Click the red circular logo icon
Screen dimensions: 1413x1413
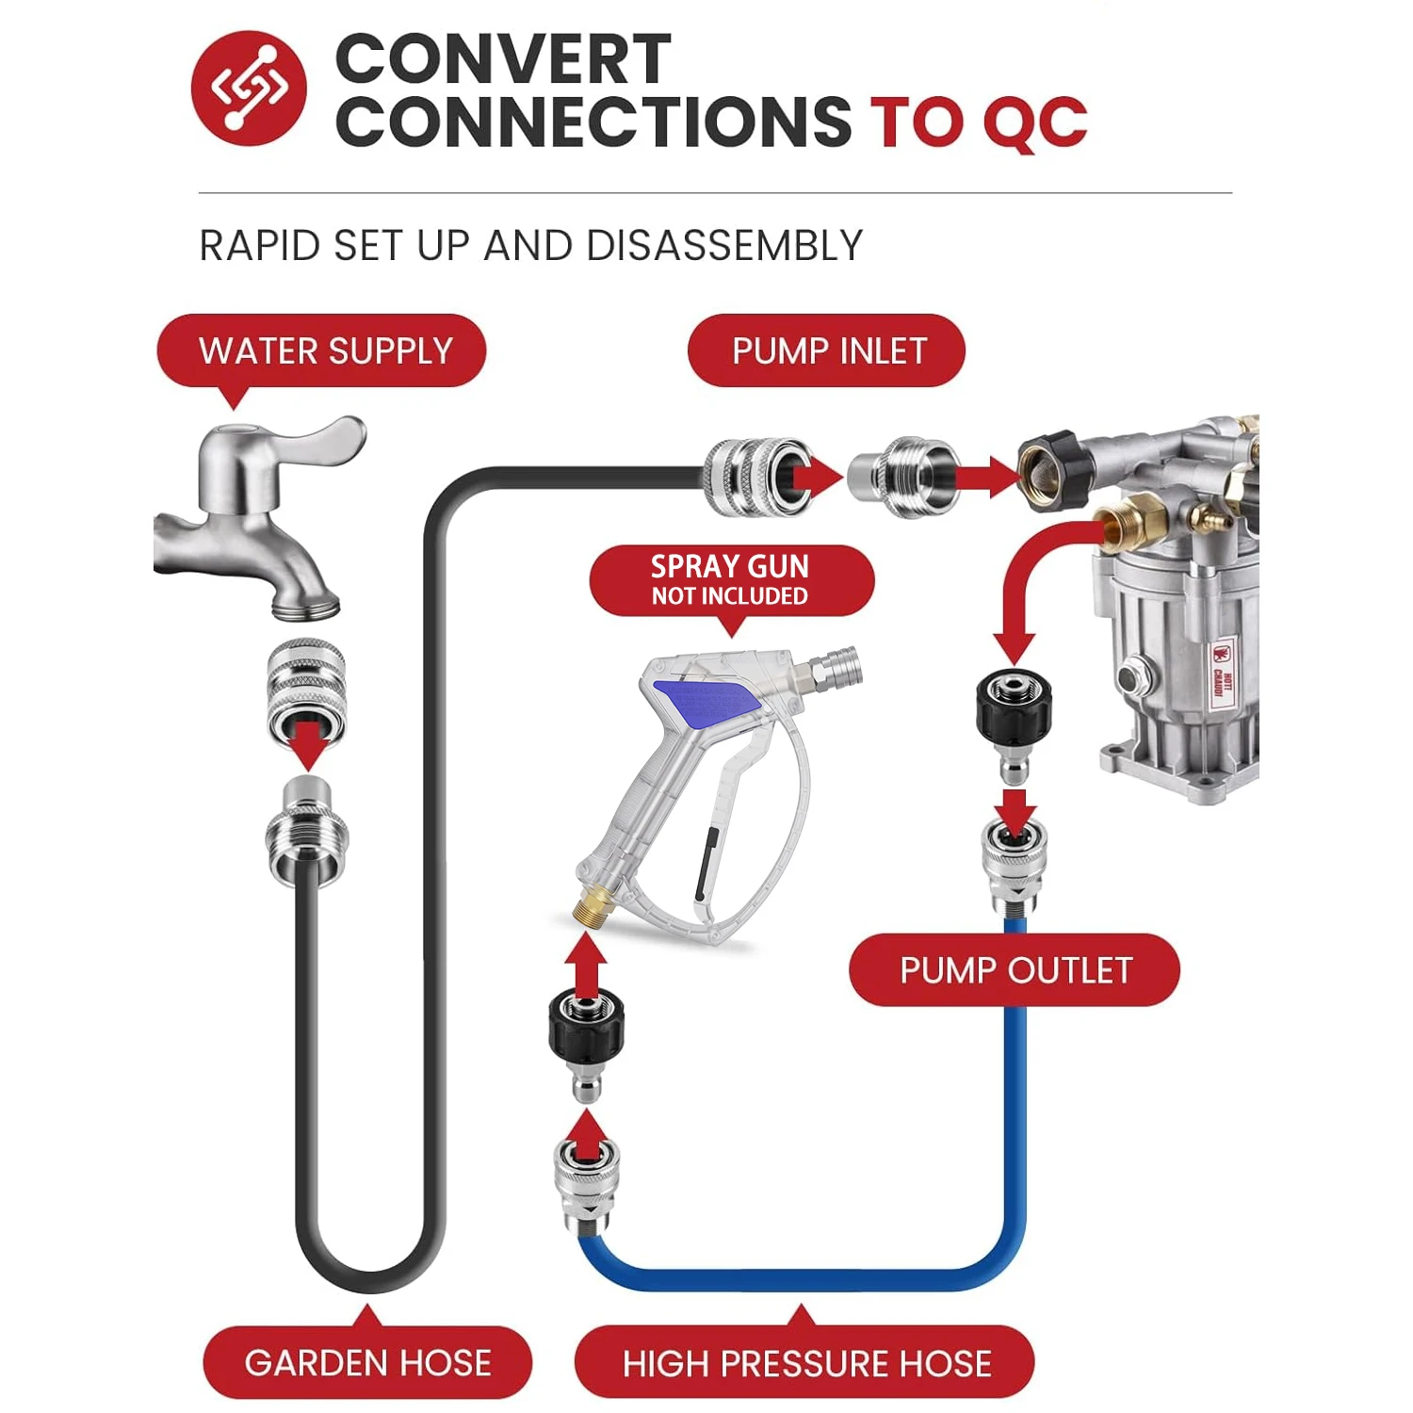249,88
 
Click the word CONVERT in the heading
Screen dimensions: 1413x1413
503,59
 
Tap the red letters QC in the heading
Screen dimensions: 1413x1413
1034,122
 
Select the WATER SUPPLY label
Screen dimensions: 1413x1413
321,351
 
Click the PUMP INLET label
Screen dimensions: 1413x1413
827,351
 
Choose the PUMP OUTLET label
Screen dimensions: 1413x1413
1015,970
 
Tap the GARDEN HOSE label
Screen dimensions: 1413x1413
367,1362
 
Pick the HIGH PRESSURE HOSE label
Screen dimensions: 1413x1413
805,1362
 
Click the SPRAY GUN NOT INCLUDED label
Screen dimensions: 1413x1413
731,581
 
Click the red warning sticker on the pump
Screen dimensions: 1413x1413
1222,672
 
